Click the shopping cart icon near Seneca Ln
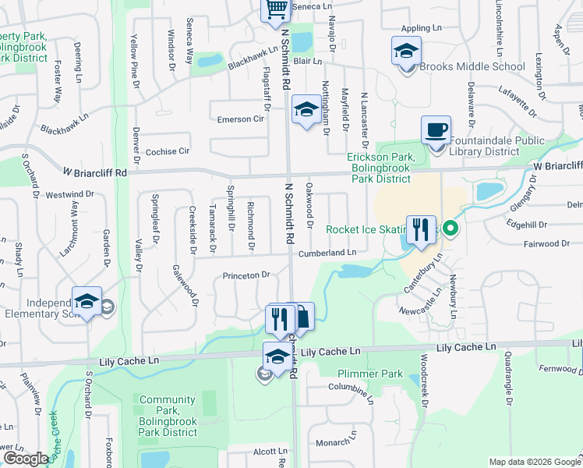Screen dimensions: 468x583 275,9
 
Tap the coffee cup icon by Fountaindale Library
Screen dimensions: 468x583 436,129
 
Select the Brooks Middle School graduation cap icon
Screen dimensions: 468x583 406,51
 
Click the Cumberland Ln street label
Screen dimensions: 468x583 327,253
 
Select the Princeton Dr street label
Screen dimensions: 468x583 246,275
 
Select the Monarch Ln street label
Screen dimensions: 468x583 333,442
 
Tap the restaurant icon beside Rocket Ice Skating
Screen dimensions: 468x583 420,229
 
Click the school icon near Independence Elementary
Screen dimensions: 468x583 87,301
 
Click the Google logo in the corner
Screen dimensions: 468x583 25,459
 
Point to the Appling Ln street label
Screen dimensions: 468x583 422,29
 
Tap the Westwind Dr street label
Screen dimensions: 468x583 69,194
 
